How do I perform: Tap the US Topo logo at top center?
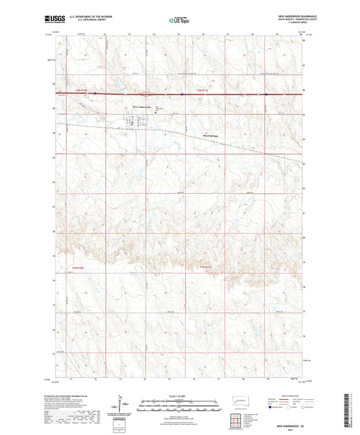(x=179, y=20)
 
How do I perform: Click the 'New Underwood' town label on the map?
(x=143, y=107)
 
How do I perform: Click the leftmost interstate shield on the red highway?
(x=96, y=94)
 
